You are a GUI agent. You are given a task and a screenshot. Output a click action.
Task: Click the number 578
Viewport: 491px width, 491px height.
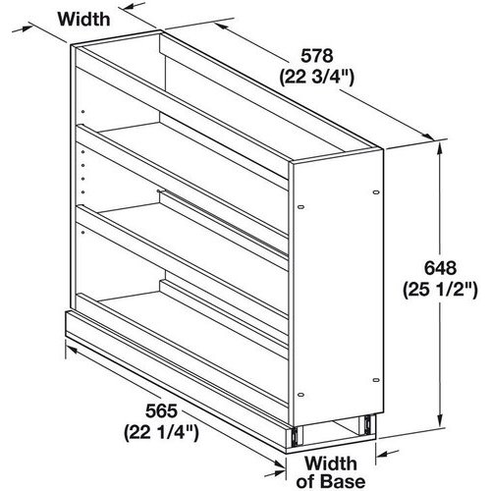click(x=316, y=56)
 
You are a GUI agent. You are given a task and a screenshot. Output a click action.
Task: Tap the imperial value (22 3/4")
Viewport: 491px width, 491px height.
click(x=316, y=78)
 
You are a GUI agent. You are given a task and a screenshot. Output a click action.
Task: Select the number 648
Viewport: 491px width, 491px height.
click(x=440, y=268)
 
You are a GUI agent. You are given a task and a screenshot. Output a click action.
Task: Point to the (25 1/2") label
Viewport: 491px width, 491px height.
click(x=440, y=290)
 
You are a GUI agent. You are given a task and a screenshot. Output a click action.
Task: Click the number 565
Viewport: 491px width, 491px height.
click(x=161, y=411)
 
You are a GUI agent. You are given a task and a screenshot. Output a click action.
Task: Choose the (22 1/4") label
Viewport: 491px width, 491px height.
click(x=161, y=433)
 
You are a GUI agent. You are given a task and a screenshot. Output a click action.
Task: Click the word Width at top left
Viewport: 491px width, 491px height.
click(x=84, y=20)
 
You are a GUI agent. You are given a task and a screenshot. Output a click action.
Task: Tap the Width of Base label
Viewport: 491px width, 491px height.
click(x=331, y=472)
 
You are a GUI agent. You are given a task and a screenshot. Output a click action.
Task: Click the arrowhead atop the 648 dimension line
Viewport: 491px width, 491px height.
click(x=440, y=148)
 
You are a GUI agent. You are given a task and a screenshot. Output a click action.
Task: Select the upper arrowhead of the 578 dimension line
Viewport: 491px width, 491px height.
click(x=221, y=26)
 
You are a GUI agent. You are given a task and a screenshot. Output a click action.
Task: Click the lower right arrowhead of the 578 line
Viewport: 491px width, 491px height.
click(x=429, y=136)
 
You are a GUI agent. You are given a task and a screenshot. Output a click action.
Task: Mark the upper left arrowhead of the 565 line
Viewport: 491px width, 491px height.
click(x=72, y=350)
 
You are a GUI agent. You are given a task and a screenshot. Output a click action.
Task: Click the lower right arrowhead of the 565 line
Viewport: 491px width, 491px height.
click(x=279, y=464)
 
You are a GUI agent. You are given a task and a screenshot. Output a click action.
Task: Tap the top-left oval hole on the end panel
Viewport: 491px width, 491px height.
click(x=301, y=207)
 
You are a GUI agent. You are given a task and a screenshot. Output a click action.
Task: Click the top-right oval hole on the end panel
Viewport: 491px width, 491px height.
click(x=376, y=192)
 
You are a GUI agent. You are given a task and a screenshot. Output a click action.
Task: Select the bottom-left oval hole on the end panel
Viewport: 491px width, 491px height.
click(x=301, y=395)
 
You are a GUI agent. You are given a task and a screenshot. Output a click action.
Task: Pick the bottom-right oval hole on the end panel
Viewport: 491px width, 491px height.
click(x=376, y=380)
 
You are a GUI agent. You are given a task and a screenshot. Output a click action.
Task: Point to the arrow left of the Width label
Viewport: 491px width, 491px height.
click(x=23, y=28)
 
